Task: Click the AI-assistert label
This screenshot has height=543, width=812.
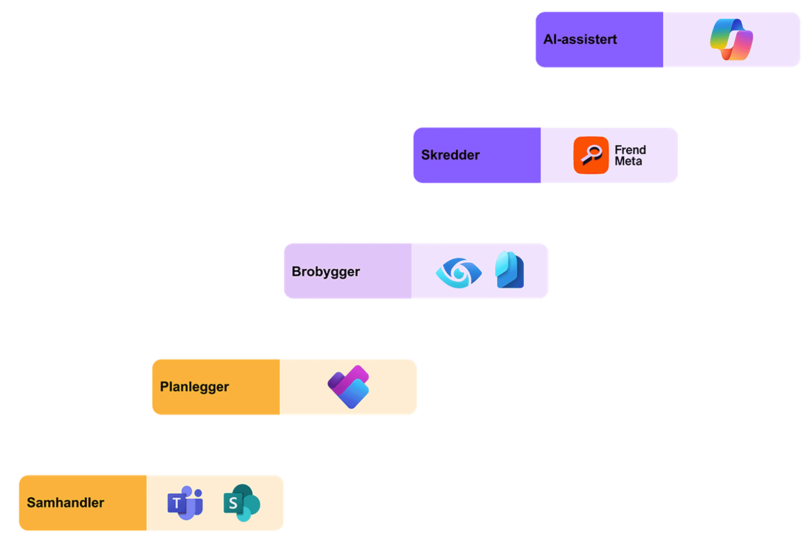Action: coord(580,40)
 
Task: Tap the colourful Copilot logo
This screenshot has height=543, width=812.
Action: coord(731,40)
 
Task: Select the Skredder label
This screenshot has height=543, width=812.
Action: coord(450,155)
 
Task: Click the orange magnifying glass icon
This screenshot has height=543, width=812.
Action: coord(591,155)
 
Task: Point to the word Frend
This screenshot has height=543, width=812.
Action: coord(630,150)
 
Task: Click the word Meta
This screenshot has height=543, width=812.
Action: coord(628,162)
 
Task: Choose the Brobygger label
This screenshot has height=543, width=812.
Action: coord(325,271)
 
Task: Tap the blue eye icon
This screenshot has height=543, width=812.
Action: coord(459,273)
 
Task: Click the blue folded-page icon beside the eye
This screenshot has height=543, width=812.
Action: coord(510,270)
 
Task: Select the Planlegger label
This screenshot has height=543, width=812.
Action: coord(194,387)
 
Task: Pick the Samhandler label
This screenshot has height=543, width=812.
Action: coord(65,503)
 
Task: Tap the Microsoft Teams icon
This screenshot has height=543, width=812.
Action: coord(185,503)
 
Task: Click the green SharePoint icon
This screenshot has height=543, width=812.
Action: coord(242,503)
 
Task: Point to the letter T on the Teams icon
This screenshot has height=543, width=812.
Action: coord(176,503)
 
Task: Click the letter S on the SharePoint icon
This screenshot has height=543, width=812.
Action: coord(232,503)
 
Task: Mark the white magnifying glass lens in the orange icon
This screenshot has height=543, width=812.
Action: coord(593,151)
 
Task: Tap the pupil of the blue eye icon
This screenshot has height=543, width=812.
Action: coord(459,273)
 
